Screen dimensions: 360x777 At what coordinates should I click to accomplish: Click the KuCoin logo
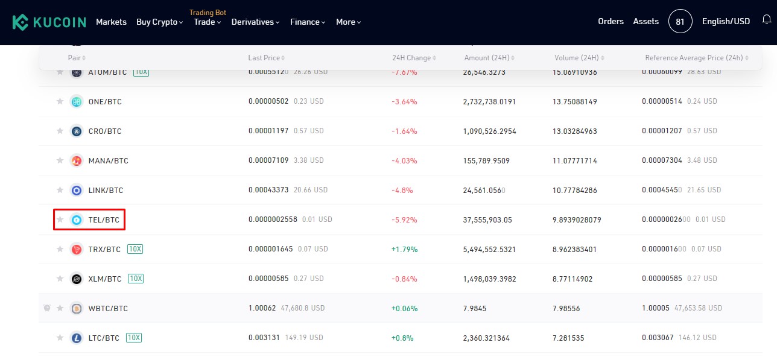click(49, 22)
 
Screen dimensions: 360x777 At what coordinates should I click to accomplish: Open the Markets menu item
click(111, 22)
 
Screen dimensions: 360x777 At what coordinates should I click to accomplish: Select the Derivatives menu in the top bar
click(255, 22)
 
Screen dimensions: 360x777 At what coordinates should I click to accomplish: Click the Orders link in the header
click(610, 21)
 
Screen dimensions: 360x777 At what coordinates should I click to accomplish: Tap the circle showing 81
click(680, 22)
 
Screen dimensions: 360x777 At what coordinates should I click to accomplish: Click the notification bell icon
click(767, 21)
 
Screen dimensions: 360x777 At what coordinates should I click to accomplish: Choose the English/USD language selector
click(726, 21)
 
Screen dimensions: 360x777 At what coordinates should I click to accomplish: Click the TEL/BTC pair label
click(104, 219)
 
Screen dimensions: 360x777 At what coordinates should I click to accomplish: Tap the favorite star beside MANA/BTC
click(60, 160)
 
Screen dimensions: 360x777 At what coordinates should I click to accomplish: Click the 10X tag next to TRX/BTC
click(135, 249)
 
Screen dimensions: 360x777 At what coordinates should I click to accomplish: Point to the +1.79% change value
click(404, 249)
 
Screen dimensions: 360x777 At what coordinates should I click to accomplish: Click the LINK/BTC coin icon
click(76, 190)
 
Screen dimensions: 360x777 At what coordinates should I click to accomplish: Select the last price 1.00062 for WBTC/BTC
click(262, 308)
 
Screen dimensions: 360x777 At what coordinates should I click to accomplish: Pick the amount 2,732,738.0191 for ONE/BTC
click(489, 101)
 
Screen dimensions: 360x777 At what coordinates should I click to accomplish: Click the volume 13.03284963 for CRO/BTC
click(574, 131)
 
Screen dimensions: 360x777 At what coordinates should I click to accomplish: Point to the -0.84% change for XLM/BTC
click(404, 279)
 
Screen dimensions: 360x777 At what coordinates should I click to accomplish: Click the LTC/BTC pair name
click(104, 338)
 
